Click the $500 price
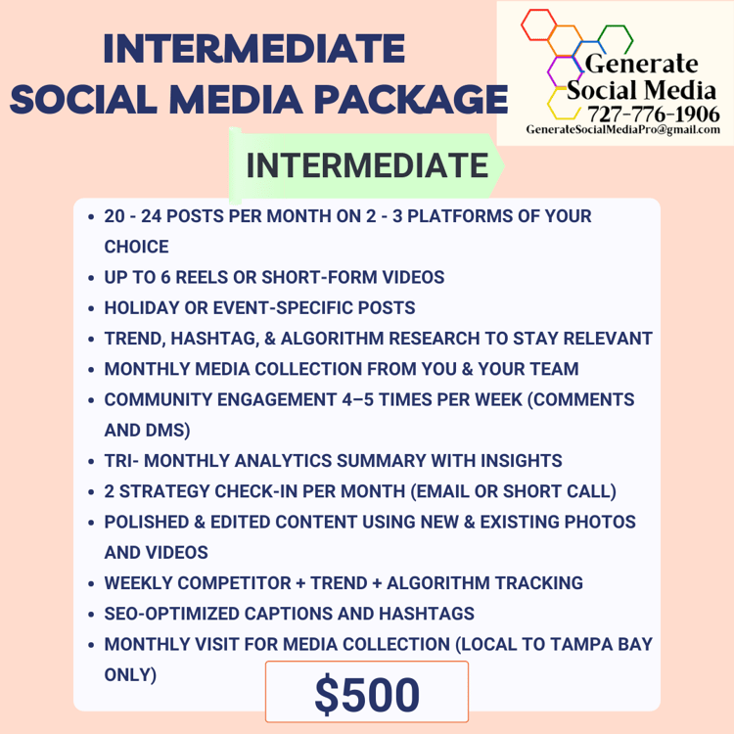(367, 695)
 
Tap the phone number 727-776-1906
(654, 115)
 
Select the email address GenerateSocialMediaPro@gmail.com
(623, 129)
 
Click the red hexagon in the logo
(539, 24)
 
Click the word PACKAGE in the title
(411, 100)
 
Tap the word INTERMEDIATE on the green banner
(367, 165)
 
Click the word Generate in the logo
(641, 64)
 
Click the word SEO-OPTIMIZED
(172, 614)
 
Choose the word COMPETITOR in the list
(235, 583)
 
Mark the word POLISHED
(147, 522)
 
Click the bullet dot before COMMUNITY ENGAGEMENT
(91, 400)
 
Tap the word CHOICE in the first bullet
(136, 247)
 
